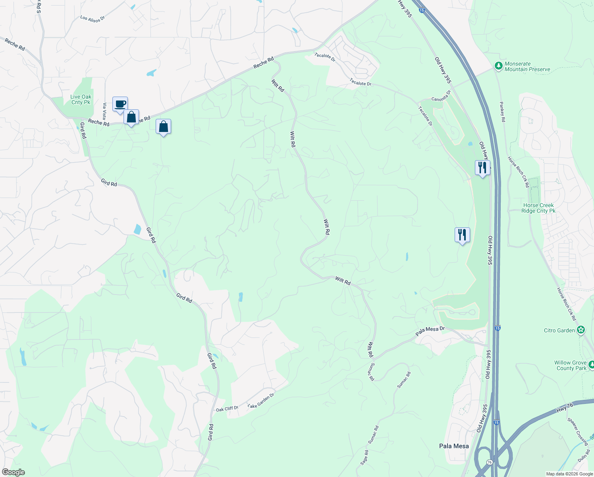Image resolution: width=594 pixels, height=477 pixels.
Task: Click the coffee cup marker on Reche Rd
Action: point(120,105)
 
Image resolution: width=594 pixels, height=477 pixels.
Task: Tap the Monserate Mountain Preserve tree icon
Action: point(498,66)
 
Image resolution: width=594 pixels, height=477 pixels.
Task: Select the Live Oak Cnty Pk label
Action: point(81,99)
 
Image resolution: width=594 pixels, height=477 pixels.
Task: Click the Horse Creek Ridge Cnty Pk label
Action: point(538,208)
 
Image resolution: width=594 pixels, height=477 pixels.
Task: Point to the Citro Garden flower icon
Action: point(581,330)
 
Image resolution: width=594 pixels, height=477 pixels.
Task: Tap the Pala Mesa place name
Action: point(454,446)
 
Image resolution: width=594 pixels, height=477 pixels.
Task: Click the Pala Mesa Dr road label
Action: point(430,331)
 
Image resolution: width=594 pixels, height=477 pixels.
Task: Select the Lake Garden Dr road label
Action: point(261,401)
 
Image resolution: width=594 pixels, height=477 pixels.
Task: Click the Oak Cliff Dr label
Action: point(227,409)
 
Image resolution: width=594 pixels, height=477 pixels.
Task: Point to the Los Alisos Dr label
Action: point(92,19)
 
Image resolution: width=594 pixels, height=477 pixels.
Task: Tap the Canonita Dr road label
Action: point(442,96)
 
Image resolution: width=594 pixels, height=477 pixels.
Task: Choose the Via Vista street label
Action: point(105,111)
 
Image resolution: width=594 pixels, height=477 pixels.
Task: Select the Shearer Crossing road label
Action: point(578,431)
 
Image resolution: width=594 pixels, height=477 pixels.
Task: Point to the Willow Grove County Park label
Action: point(570,365)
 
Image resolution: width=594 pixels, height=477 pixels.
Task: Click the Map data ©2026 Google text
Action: point(569,474)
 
